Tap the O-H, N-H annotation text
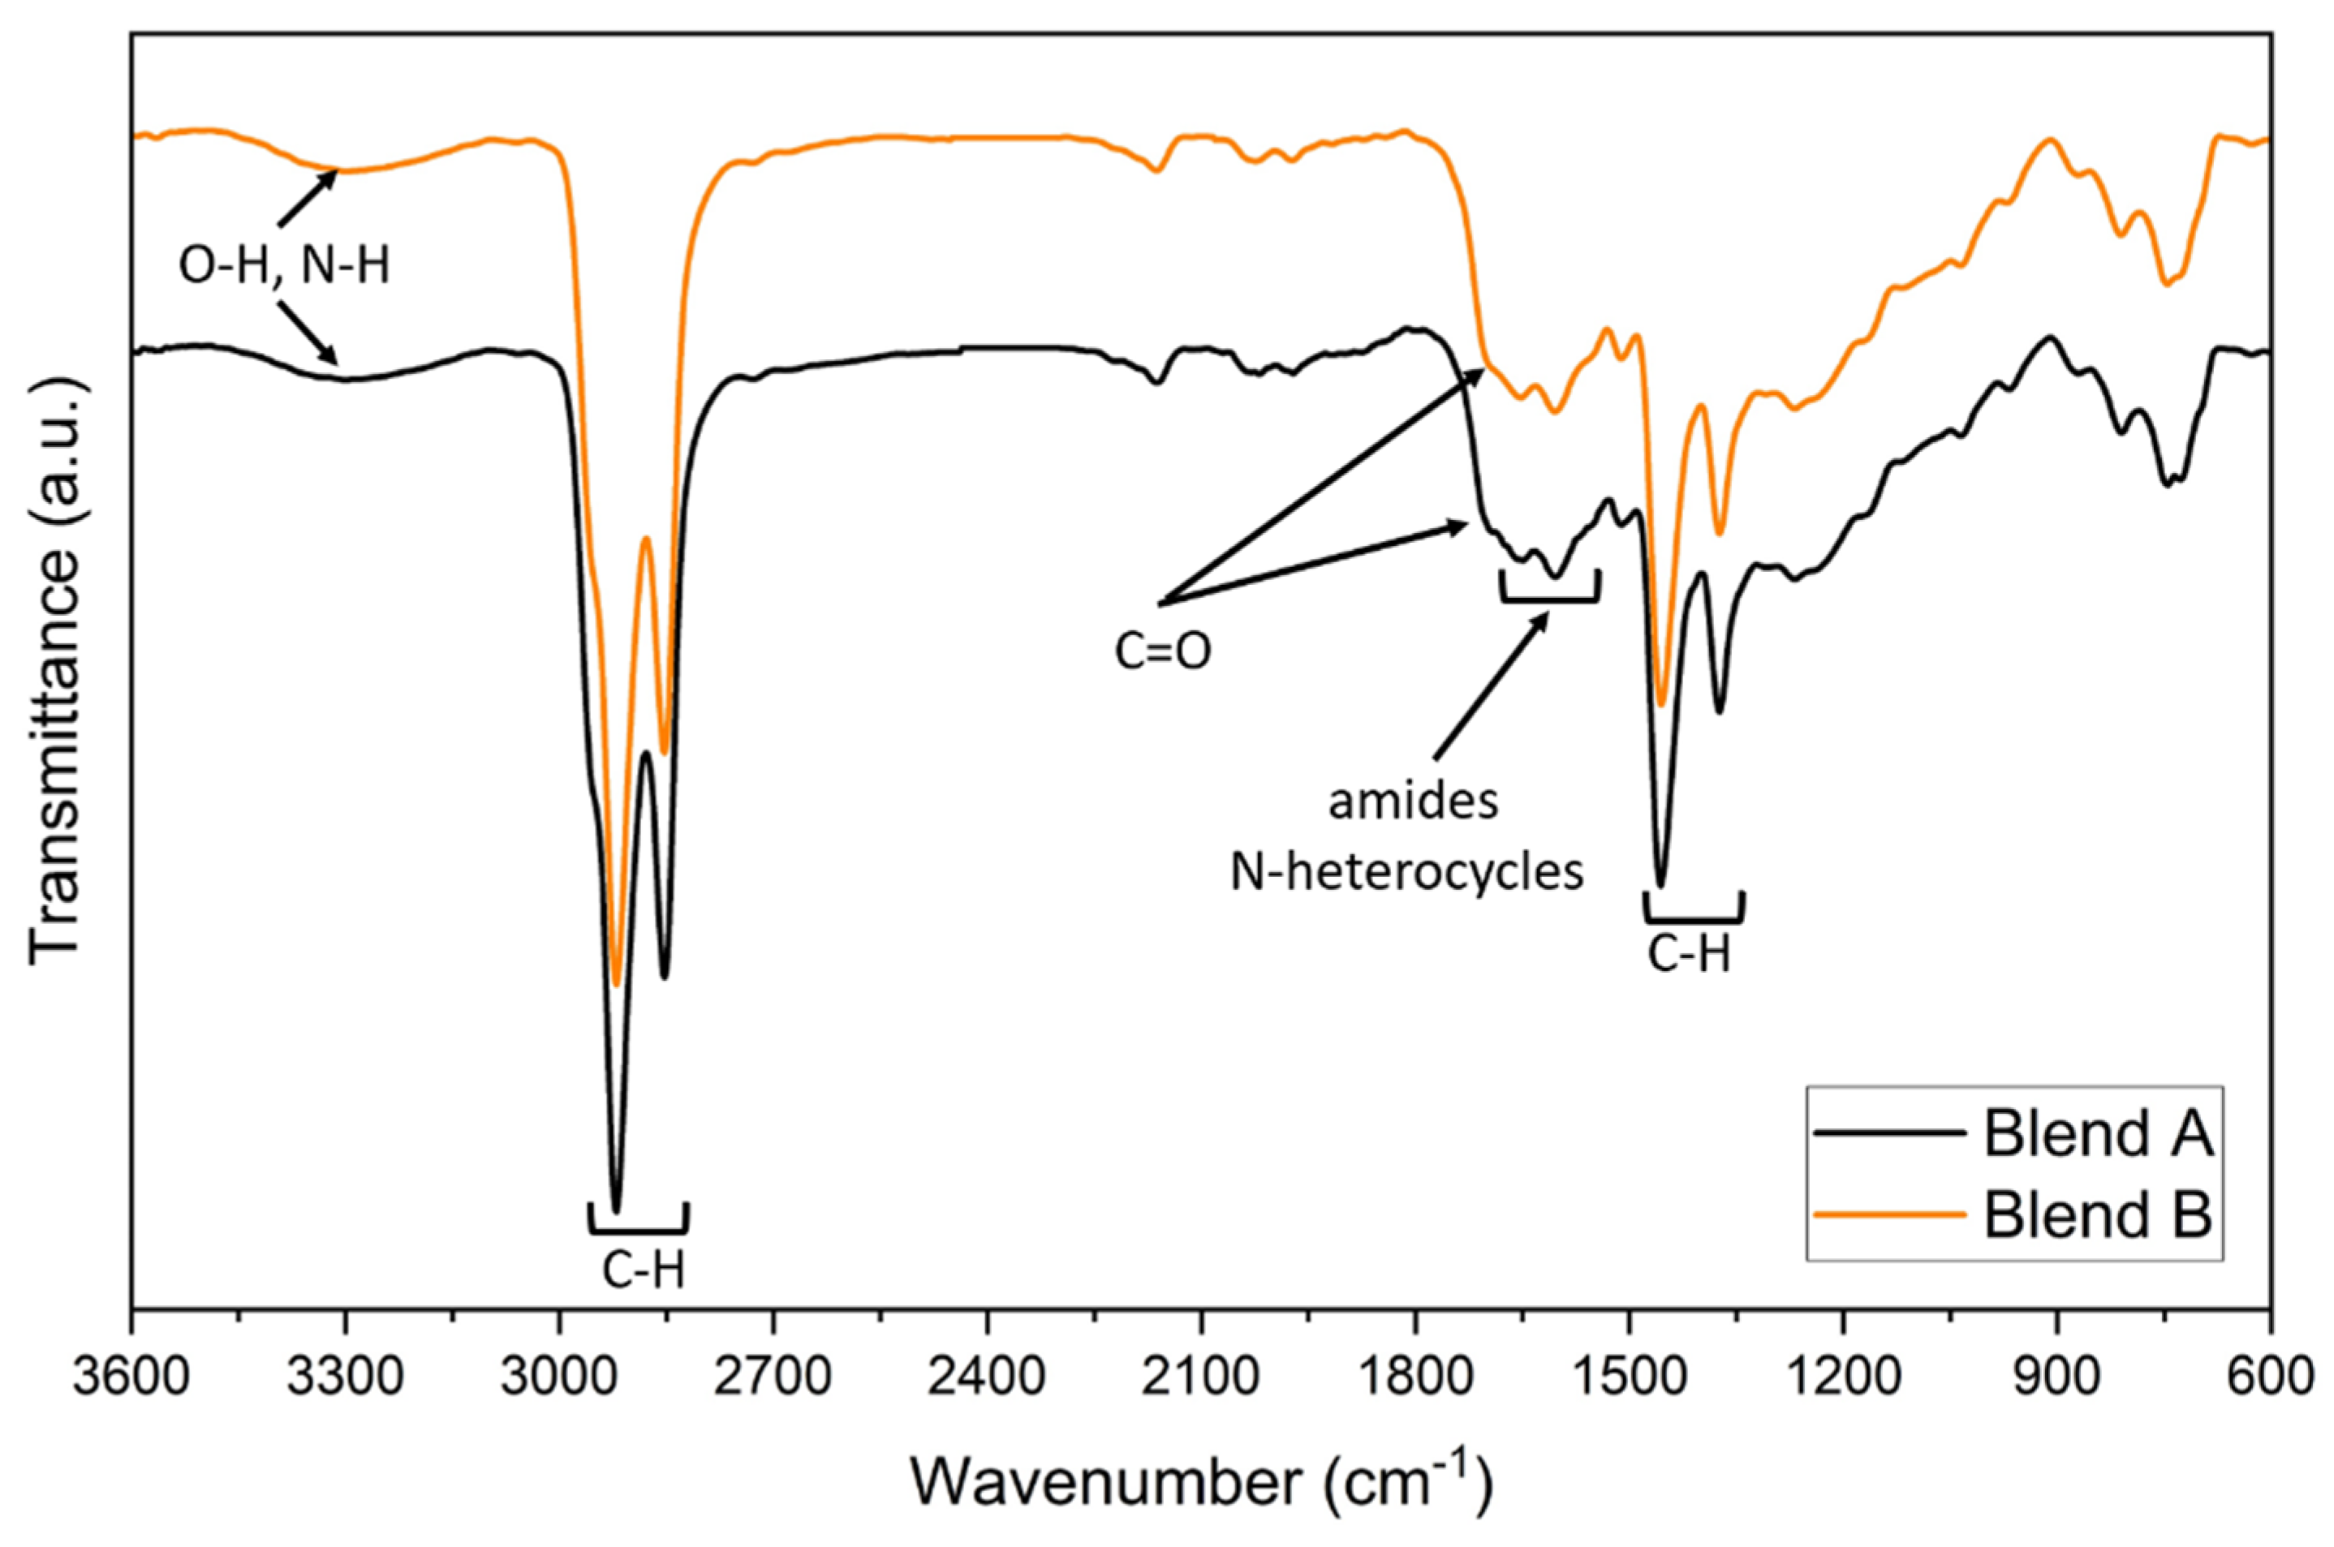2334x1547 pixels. pyautogui.click(x=284, y=266)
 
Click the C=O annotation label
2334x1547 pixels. pyautogui.click(x=1163, y=652)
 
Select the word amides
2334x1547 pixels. pyautogui.click(x=1413, y=803)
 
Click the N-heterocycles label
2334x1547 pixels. pyautogui.click(x=1406, y=872)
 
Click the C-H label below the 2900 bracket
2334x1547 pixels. pyautogui.click(x=644, y=1272)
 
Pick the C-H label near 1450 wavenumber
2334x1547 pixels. pyautogui.click(x=1690, y=955)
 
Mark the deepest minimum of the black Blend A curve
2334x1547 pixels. pyautogui.click(x=617, y=1210)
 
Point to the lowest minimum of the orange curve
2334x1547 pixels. pyautogui.click(x=617, y=984)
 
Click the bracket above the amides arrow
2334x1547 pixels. pyautogui.click(x=1549, y=595)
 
